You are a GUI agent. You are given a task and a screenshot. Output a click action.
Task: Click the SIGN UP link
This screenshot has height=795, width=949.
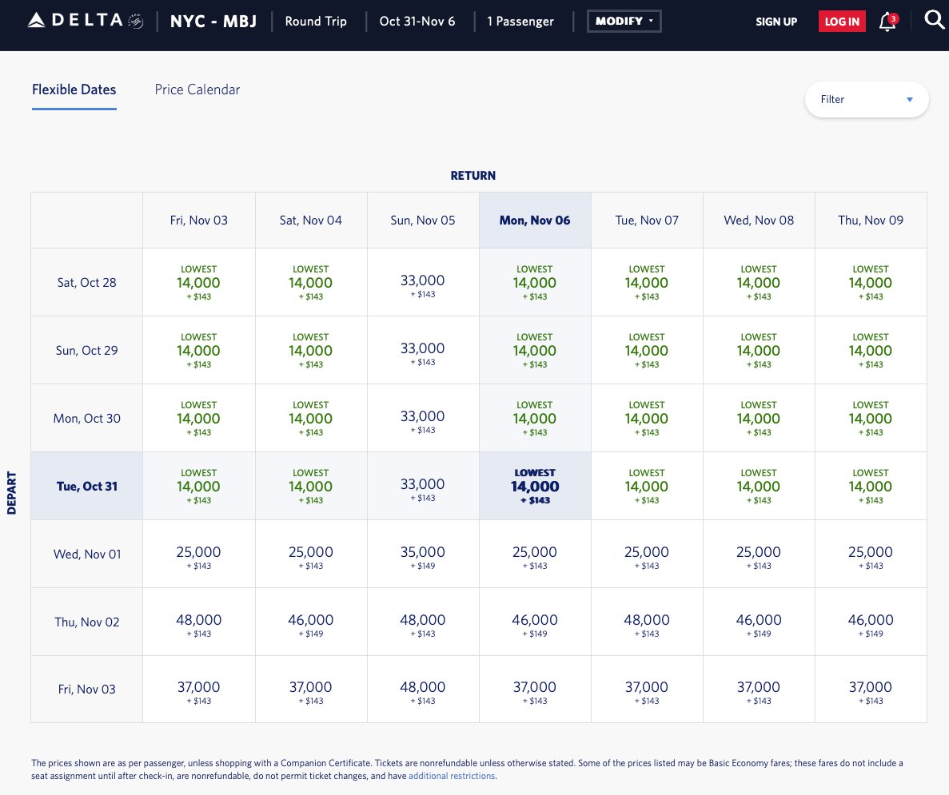(776, 22)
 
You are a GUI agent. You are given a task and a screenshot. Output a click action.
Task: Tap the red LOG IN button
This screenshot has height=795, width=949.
(842, 22)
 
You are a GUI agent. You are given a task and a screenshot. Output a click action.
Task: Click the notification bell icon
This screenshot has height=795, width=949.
(887, 22)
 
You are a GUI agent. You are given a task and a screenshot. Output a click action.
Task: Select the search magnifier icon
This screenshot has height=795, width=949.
(934, 19)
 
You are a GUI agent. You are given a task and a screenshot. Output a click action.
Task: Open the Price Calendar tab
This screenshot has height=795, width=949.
(197, 89)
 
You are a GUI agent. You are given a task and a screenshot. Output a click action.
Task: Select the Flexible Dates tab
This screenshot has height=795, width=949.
(74, 89)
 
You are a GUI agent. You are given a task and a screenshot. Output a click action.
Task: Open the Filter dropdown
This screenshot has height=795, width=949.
(867, 100)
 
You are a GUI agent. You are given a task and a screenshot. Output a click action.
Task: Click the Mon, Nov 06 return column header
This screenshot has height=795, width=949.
(535, 221)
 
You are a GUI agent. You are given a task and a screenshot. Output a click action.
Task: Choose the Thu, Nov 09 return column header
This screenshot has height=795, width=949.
(871, 221)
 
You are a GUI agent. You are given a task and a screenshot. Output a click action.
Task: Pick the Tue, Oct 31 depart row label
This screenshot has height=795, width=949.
(87, 486)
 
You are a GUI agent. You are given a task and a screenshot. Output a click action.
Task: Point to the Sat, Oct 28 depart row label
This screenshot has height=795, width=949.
(87, 282)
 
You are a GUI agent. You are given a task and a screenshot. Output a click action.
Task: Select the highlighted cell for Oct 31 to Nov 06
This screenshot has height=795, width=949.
(535, 486)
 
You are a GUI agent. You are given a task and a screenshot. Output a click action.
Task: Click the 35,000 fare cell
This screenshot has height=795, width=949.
(423, 554)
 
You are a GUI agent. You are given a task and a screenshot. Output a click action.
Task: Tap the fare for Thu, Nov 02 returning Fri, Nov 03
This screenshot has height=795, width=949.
(199, 622)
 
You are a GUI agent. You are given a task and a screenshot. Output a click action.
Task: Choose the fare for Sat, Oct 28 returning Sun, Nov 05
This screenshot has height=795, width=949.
(423, 282)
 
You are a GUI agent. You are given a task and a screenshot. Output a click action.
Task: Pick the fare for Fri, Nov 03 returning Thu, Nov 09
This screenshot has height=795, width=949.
(871, 690)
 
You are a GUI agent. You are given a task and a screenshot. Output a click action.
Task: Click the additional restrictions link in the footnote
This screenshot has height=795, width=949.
(452, 776)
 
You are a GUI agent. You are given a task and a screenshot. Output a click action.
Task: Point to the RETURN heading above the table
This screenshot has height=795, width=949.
(473, 176)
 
